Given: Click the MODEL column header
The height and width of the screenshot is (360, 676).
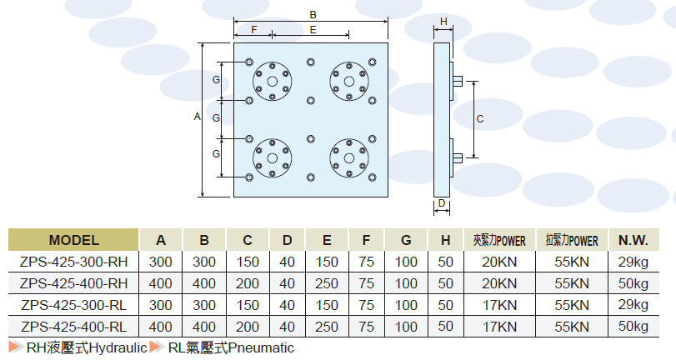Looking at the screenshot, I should [73, 240].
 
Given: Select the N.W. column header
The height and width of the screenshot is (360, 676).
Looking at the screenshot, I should [633, 240].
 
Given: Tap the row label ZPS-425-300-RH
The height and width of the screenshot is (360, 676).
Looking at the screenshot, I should [73, 262].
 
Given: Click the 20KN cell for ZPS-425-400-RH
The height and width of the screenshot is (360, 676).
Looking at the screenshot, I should [499, 283].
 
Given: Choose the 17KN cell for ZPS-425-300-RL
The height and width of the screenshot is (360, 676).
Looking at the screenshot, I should [499, 305].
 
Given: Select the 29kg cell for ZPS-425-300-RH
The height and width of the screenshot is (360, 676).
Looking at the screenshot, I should [633, 262].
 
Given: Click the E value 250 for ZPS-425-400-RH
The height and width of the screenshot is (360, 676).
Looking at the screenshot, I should [327, 283].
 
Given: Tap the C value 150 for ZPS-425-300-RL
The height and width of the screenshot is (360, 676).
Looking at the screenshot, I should [248, 305].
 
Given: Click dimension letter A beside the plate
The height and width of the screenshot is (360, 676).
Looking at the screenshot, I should [198, 117].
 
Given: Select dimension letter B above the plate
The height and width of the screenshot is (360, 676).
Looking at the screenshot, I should [313, 14].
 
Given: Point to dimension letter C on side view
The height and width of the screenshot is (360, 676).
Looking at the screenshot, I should [480, 119].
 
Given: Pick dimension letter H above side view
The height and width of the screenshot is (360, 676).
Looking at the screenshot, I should [443, 21].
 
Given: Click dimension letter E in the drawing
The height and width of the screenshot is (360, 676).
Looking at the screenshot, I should [313, 29].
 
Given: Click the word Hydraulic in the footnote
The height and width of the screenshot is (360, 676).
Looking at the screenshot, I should [118, 347].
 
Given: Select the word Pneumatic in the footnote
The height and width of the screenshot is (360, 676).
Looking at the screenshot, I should [262, 347].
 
